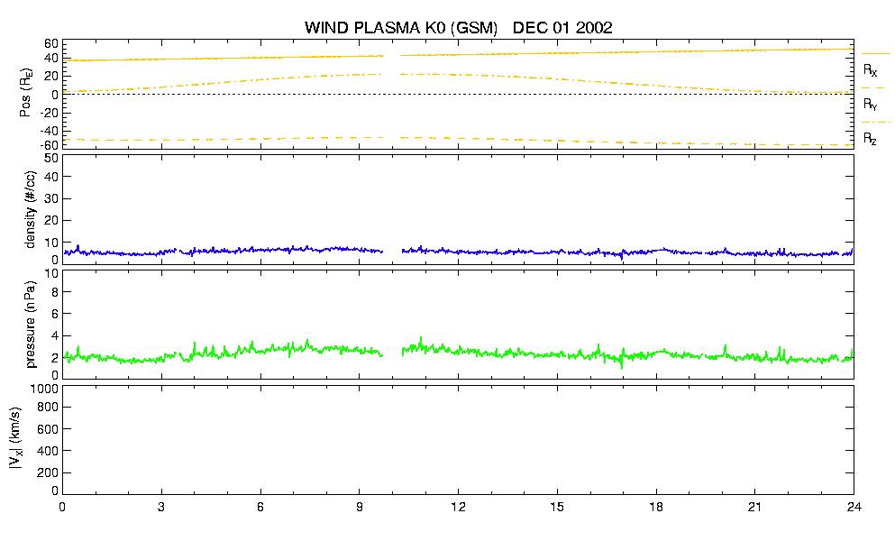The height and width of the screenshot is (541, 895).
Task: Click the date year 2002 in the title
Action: tap(594, 27)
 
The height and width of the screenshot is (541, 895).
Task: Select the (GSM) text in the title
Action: tap(474, 28)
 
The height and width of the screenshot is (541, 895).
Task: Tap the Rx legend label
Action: tap(870, 70)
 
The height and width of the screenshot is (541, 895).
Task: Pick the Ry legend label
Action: tap(870, 105)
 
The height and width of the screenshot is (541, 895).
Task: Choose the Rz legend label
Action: tap(870, 139)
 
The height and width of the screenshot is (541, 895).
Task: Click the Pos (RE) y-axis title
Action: tap(25, 93)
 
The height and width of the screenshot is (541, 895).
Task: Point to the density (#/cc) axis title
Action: tap(31, 209)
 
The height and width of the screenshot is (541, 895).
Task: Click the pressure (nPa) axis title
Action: tap(31, 324)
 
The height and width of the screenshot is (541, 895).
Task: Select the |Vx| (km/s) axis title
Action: tap(15, 438)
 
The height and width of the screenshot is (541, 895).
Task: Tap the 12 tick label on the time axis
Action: tap(458, 507)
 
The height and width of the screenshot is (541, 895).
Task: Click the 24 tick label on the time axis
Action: tap(854, 507)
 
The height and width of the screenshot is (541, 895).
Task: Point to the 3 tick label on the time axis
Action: tap(161, 507)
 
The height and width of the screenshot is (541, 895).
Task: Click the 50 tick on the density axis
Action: tap(51, 158)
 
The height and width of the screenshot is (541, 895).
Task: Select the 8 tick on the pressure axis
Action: tap(55, 292)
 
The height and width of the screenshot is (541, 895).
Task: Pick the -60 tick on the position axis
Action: tap(50, 146)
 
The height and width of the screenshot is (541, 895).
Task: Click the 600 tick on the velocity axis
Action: tap(49, 429)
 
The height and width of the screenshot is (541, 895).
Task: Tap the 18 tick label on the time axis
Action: tap(656, 507)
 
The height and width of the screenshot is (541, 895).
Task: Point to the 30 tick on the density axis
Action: tap(51, 198)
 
